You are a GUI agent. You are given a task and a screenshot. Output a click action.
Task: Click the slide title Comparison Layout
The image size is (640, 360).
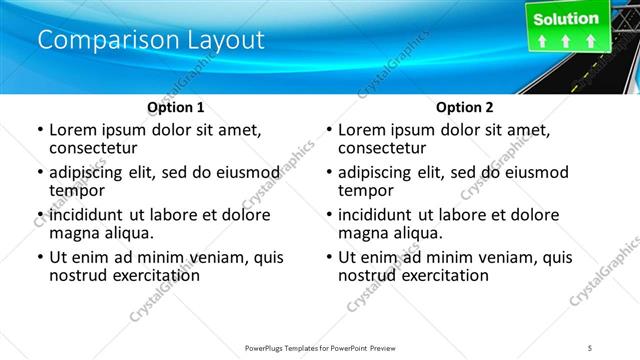coord(151,41)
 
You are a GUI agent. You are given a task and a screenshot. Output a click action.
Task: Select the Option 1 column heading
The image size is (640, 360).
coord(175,107)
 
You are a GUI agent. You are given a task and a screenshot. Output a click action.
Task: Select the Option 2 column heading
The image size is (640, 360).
coord(464,107)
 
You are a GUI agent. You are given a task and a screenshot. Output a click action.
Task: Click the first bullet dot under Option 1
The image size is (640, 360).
coord(40,131)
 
